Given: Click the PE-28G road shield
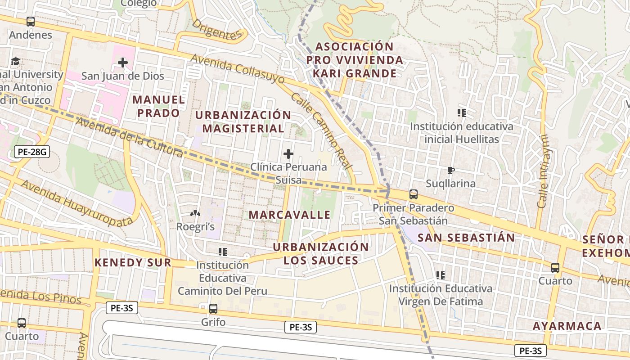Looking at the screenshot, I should (x=31, y=152).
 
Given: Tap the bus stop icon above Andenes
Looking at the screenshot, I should (x=31, y=21).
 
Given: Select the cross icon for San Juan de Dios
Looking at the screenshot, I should (x=122, y=63).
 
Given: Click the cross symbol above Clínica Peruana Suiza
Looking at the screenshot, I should (x=288, y=154).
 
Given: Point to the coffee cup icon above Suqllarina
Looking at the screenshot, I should (x=450, y=170).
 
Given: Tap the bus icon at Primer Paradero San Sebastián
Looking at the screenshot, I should (x=413, y=194).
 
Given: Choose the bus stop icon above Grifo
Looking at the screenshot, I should (x=213, y=309).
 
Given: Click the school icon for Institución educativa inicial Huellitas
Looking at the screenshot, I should (x=461, y=113).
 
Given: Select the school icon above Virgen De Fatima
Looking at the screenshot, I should (x=441, y=274).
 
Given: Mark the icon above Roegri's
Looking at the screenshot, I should (x=195, y=213).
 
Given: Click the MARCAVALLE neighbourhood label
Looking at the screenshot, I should (x=289, y=215).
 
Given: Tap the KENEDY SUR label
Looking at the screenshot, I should (x=133, y=262).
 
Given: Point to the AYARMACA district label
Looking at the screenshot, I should (x=567, y=326).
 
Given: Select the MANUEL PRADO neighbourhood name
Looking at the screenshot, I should (x=158, y=106).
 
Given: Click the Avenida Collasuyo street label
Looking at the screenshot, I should (x=238, y=69).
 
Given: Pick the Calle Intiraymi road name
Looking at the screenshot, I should (x=543, y=171).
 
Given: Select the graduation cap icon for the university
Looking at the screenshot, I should (x=15, y=61).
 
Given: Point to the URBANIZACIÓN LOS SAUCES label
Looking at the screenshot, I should (x=320, y=253).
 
